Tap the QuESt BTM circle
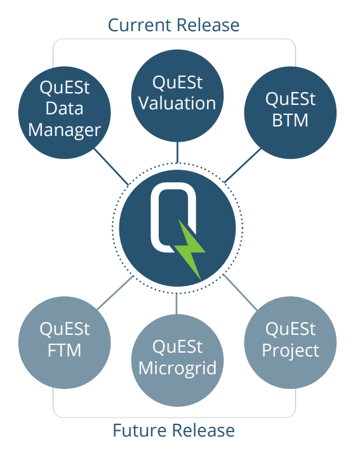coord(290,111)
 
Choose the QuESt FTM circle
coord(65,339)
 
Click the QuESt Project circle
coord(290,339)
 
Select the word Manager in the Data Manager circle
coord(65,130)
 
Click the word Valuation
coord(177,103)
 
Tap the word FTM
coord(65,349)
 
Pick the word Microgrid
coord(177,368)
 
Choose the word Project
coord(290,349)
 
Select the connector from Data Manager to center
coord(112,166)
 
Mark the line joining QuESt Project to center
coord(238,290)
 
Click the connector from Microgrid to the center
coord(177,304)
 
